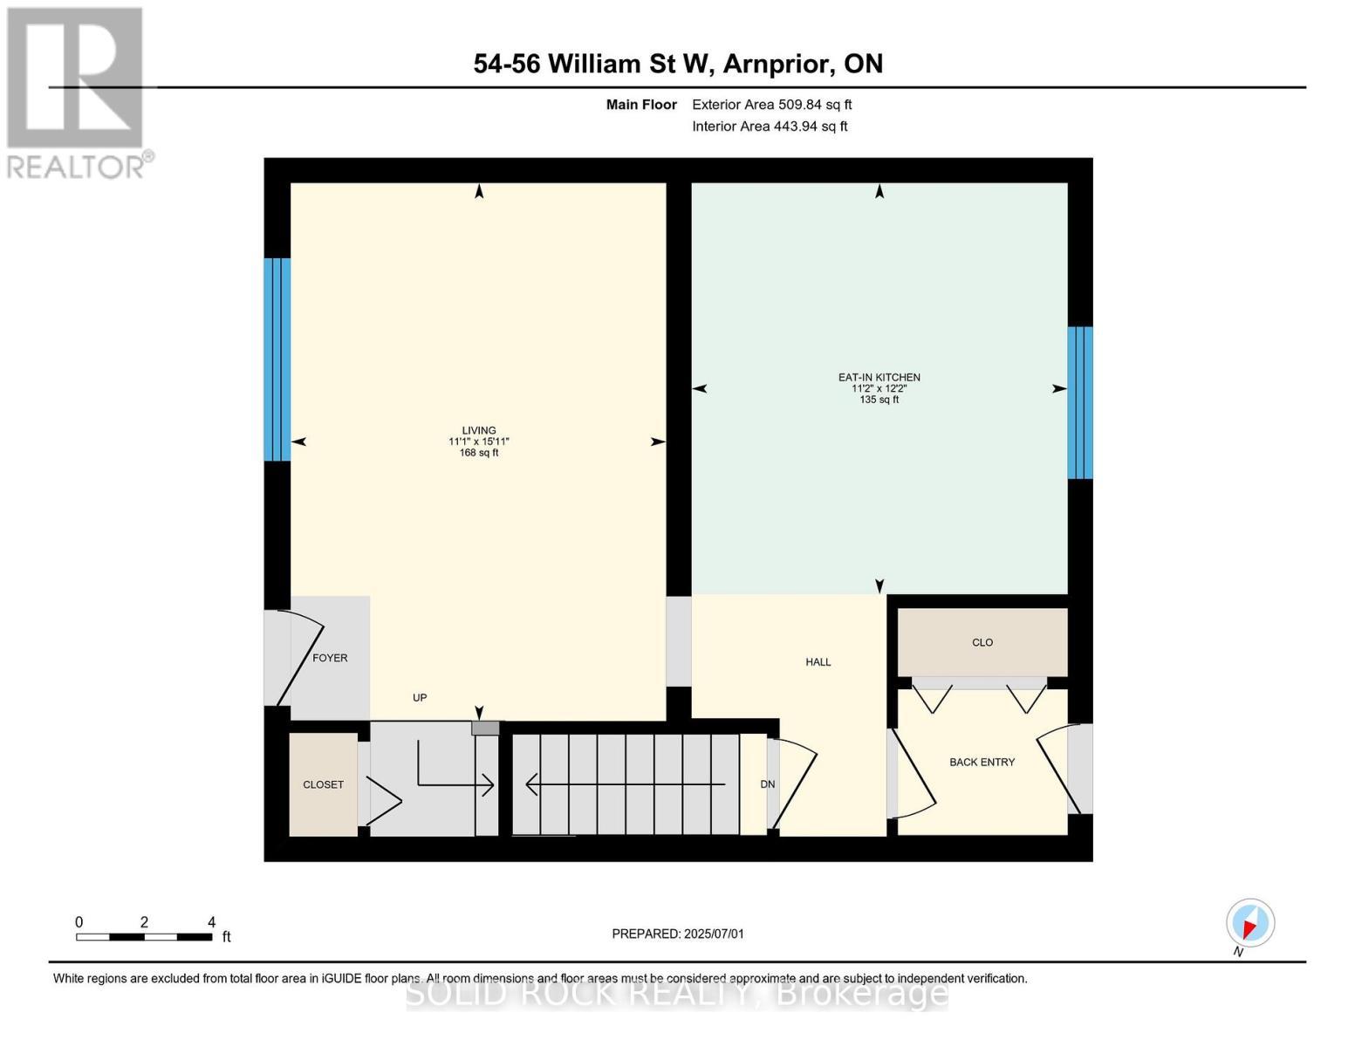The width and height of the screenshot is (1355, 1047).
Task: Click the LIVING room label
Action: coord(478,430)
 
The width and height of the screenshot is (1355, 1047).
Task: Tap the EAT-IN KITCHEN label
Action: coord(879,378)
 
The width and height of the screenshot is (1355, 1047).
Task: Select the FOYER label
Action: coord(330,658)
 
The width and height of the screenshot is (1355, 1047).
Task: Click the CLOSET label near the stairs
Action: coord(323,784)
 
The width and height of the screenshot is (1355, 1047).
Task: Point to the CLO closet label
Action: coord(982,642)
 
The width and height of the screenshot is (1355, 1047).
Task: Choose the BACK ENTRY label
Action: coord(982,762)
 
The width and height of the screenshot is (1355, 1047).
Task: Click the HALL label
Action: coord(818,662)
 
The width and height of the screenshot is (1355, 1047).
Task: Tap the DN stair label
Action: coord(767,784)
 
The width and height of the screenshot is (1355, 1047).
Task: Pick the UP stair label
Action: coord(420,698)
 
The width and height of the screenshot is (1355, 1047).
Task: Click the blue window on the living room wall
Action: coord(277,359)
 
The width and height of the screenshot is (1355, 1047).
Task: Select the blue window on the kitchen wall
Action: coord(1079,402)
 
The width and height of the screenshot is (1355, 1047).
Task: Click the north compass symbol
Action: coord(1249,923)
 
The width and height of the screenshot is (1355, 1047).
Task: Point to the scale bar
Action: coord(144,937)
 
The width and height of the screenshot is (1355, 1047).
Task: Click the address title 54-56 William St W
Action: coord(678,64)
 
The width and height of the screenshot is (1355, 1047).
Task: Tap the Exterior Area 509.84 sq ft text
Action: coord(771,105)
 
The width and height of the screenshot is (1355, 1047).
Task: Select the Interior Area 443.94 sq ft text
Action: coord(770,127)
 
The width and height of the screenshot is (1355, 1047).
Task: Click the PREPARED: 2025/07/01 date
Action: coord(678,934)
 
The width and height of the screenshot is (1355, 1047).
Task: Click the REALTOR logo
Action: coord(77,92)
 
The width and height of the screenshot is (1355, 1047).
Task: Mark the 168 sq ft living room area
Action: coord(478,453)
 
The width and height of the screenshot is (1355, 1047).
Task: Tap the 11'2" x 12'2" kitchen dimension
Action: coord(879,388)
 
